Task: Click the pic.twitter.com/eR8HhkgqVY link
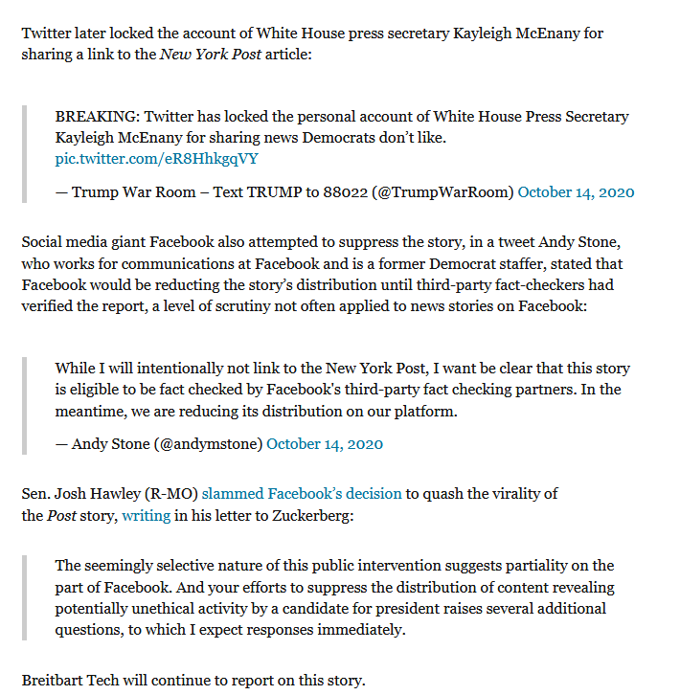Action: click(x=156, y=159)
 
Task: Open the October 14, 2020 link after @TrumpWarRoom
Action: click(x=576, y=191)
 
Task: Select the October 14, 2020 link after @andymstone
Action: click(x=325, y=443)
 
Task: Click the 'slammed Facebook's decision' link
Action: click(x=302, y=493)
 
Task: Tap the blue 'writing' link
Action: click(x=147, y=515)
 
